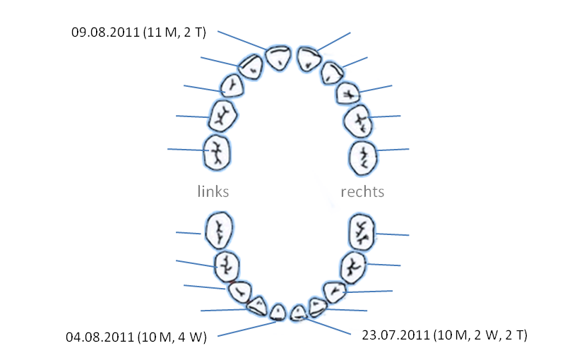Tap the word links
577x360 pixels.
click(x=213, y=191)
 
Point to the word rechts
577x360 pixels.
click(x=362, y=191)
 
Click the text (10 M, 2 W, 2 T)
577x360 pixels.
click(x=477, y=333)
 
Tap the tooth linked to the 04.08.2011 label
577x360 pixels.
click(x=278, y=311)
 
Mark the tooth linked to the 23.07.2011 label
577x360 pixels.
click(x=299, y=311)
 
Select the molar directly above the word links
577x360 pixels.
click(x=218, y=152)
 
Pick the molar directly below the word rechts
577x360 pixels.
click(x=364, y=231)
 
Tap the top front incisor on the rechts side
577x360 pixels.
click(x=308, y=59)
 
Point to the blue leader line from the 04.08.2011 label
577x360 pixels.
click(x=247, y=329)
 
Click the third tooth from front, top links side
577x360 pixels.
click(x=232, y=86)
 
